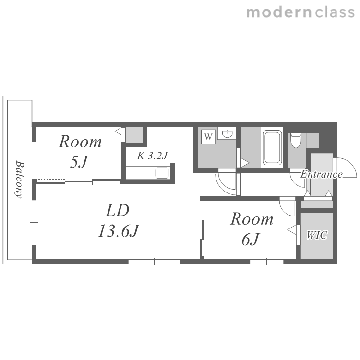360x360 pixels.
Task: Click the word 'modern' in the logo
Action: tap(279, 12)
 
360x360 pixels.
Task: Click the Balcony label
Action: tap(20, 180)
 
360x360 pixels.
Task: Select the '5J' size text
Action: tap(79, 162)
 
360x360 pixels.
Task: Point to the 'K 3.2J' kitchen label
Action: tap(153, 156)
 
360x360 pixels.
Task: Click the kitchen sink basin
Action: tap(162, 173)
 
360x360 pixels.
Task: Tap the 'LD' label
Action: tap(118, 210)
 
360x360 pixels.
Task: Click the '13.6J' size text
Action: tap(119, 230)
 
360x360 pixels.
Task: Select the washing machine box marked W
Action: tap(208, 137)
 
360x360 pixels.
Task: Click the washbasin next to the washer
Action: tap(227, 133)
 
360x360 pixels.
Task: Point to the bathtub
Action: tap(272, 148)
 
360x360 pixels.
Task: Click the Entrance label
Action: tap(322, 174)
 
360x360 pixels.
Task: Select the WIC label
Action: tap(317, 235)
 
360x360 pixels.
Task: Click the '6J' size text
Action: tap(250, 239)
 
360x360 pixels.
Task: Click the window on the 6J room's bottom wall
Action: tap(266, 262)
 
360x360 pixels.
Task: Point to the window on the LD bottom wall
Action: tap(154, 262)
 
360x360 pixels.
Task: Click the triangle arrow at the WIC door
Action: tap(292, 230)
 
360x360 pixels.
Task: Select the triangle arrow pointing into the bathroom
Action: tap(245, 163)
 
